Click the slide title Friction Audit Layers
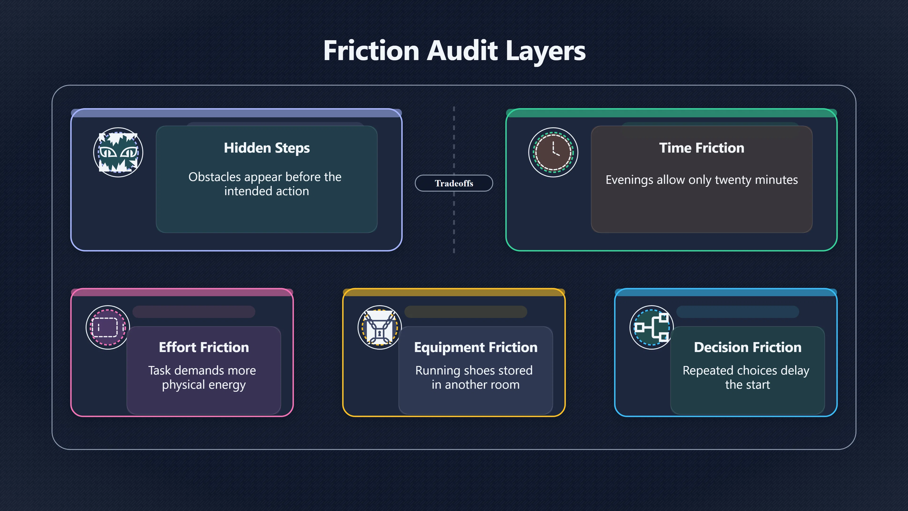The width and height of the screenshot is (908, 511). (454, 51)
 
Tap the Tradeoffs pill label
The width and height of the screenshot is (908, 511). (454, 183)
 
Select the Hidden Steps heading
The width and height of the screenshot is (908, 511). (267, 148)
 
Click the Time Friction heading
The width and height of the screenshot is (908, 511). (701, 148)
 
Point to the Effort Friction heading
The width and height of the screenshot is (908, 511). (204, 347)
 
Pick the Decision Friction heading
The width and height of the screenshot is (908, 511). (748, 347)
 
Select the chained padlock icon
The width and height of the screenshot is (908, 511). (380, 327)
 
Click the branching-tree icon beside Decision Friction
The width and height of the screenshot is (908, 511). (652, 327)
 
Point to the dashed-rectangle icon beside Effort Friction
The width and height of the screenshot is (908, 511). (108, 327)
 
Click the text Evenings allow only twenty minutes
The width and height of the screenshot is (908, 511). (701, 180)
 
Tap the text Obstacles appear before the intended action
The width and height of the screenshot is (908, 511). (265, 184)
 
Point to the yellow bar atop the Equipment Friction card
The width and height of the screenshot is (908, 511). (454, 292)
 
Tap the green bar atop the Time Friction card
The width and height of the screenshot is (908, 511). (672, 113)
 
